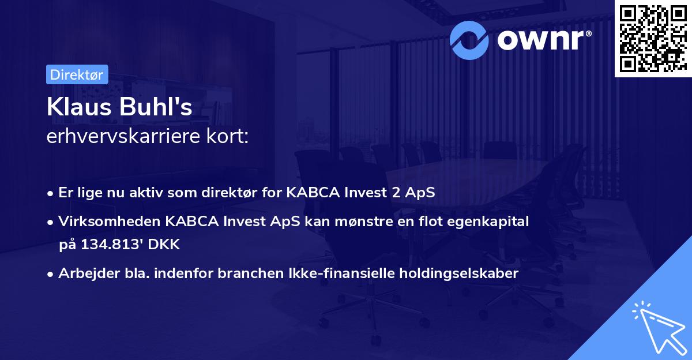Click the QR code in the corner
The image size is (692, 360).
click(653, 38)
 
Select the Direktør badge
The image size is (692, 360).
click(77, 74)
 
